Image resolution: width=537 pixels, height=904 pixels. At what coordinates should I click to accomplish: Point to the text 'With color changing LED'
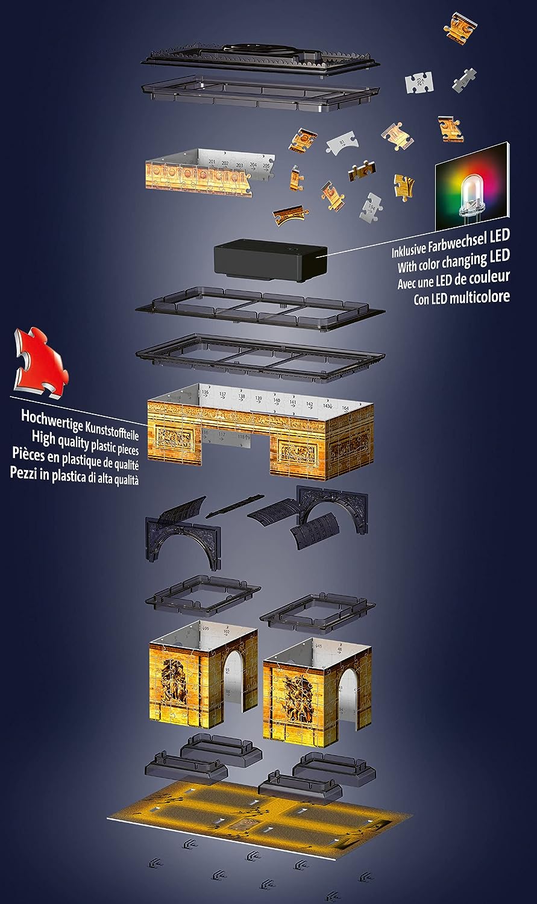[x=453, y=262]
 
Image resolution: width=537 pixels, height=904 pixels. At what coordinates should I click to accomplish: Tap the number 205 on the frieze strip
[x=267, y=164]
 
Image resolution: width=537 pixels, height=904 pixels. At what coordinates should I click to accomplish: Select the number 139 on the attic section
[x=259, y=399]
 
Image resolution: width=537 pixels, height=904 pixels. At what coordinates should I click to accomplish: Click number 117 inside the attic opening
[x=221, y=435]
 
